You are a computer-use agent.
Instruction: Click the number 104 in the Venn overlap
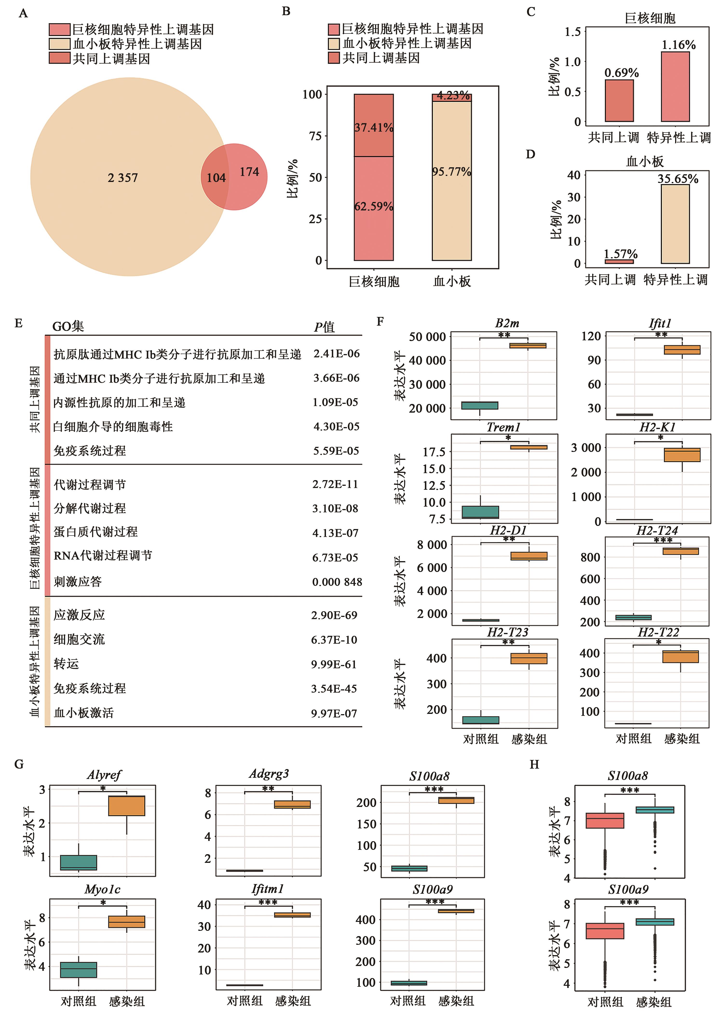[x=216, y=178]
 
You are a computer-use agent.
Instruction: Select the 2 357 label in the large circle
[x=123, y=178]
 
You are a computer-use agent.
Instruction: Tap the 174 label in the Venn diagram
[x=249, y=172]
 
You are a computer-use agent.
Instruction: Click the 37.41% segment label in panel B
[x=374, y=127]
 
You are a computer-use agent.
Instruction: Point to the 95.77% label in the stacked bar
[x=452, y=171]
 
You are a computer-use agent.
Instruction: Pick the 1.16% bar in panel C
[x=675, y=87]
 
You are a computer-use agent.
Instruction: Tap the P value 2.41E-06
[x=337, y=354]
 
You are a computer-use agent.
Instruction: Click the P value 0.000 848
[x=337, y=582]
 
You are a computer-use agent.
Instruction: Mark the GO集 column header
[x=68, y=326]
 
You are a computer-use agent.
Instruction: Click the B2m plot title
[x=507, y=323]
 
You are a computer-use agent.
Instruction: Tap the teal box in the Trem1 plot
[x=480, y=512]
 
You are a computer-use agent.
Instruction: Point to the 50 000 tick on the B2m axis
[x=427, y=337]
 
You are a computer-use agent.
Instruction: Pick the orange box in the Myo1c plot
[x=127, y=922]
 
